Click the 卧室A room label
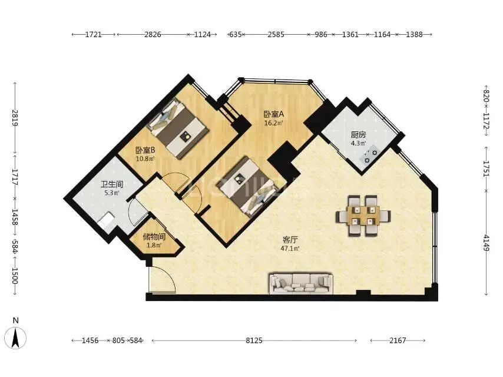point(274,114)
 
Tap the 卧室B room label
point(145,150)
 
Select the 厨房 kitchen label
point(358,135)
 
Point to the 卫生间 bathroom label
point(112,184)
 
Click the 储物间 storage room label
point(154,237)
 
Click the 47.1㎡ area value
point(290,248)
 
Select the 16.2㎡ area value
point(274,123)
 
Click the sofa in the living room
point(300,283)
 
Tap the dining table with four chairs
point(363,216)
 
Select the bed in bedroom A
point(247,187)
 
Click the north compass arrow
point(15,338)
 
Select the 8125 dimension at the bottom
point(254,340)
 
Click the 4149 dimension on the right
point(487,243)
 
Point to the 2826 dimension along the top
point(153,34)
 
